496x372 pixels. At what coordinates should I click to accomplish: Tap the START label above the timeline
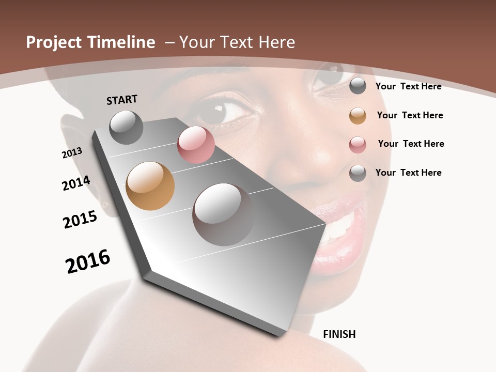tap(122, 100)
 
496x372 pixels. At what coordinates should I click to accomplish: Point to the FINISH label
tap(339, 334)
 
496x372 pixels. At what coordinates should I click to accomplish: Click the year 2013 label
tap(72, 152)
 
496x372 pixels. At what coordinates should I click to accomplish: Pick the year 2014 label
tap(76, 183)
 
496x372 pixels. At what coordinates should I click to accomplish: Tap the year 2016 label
tap(88, 261)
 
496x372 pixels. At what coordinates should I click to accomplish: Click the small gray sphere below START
tap(126, 127)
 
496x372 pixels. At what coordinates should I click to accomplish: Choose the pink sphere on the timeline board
tap(196, 145)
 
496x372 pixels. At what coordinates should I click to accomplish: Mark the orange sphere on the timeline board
tap(150, 186)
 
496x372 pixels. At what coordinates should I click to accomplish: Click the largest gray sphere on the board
tap(224, 214)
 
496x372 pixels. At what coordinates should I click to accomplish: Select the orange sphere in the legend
tap(358, 116)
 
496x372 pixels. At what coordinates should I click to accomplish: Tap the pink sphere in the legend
tap(358, 145)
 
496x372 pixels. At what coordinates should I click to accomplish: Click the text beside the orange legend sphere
tap(410, 115)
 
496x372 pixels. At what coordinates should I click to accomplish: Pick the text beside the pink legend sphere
tap(411, 144)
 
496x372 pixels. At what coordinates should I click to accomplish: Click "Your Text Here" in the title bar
tap(237, 42)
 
